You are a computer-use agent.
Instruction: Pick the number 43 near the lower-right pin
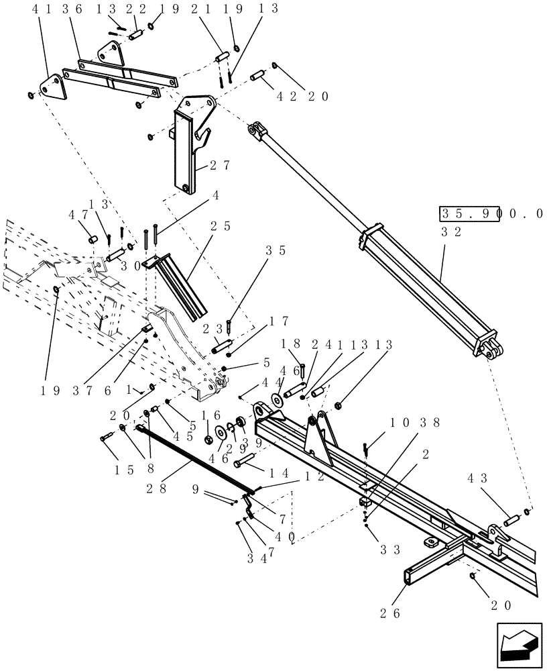[477, 478]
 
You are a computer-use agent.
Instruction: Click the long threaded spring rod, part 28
[194, 456]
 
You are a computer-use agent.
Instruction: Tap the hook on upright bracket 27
[205, 140]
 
